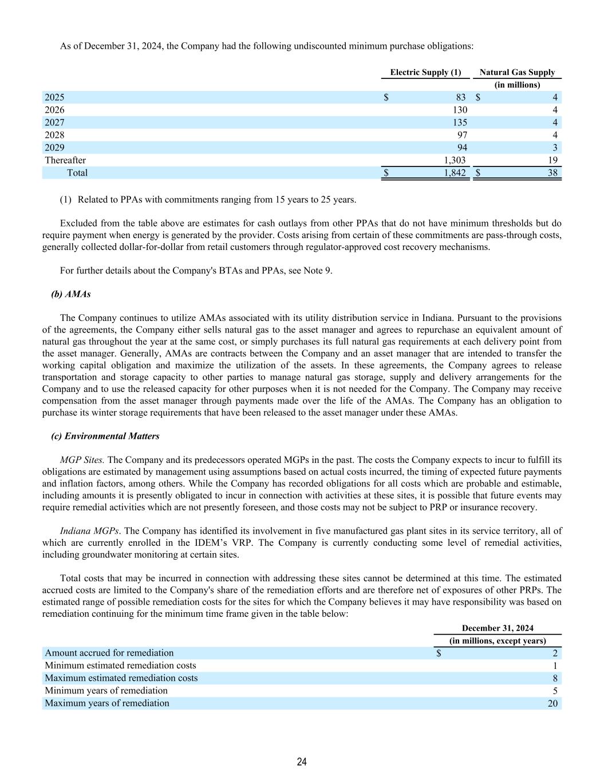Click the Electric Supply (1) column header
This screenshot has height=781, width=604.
(425, 72)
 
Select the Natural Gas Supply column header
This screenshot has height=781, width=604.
(517, 72)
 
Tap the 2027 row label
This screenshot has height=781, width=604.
(55, 122)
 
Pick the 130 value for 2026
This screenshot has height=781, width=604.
(459, 110)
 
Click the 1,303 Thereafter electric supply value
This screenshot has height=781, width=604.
(455, 160)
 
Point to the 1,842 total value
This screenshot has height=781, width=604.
(455, 173)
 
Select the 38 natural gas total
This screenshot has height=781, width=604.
(552, 173)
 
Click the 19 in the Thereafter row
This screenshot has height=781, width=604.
(552, 160)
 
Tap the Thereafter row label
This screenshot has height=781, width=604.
(65, 160)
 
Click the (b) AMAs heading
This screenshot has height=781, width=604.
(71, 294)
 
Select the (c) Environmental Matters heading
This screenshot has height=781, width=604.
(105, 436)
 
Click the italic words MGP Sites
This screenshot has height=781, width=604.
(82, 460)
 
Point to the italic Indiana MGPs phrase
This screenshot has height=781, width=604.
(89, 531)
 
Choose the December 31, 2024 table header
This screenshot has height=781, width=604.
(498, 628)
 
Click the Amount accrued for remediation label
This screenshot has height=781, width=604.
(109, 653)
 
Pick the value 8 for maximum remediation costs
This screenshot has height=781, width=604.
(555, 678)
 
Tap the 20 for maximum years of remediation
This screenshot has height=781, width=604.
(552, 703)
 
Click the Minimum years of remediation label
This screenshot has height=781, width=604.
(106, 691)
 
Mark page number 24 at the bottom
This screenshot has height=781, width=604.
(302, 762)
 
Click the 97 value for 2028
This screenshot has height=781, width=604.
(461, 135)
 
